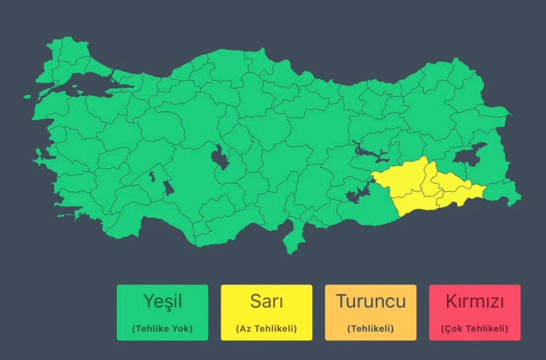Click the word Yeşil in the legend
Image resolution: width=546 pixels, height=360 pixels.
162,301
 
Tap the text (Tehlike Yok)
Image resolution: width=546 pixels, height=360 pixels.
162,329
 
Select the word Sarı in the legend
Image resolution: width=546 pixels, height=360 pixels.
266,301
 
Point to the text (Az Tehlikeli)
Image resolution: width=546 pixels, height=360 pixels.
266,329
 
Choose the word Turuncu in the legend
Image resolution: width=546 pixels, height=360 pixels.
370,301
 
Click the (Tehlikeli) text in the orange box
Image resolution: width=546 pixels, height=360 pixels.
370,329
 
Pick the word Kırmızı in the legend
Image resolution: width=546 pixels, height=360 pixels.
474,301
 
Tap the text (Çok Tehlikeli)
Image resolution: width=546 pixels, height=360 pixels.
474,329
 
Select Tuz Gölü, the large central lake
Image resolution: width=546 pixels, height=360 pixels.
219,158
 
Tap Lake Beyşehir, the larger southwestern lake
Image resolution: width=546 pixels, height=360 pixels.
168,188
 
